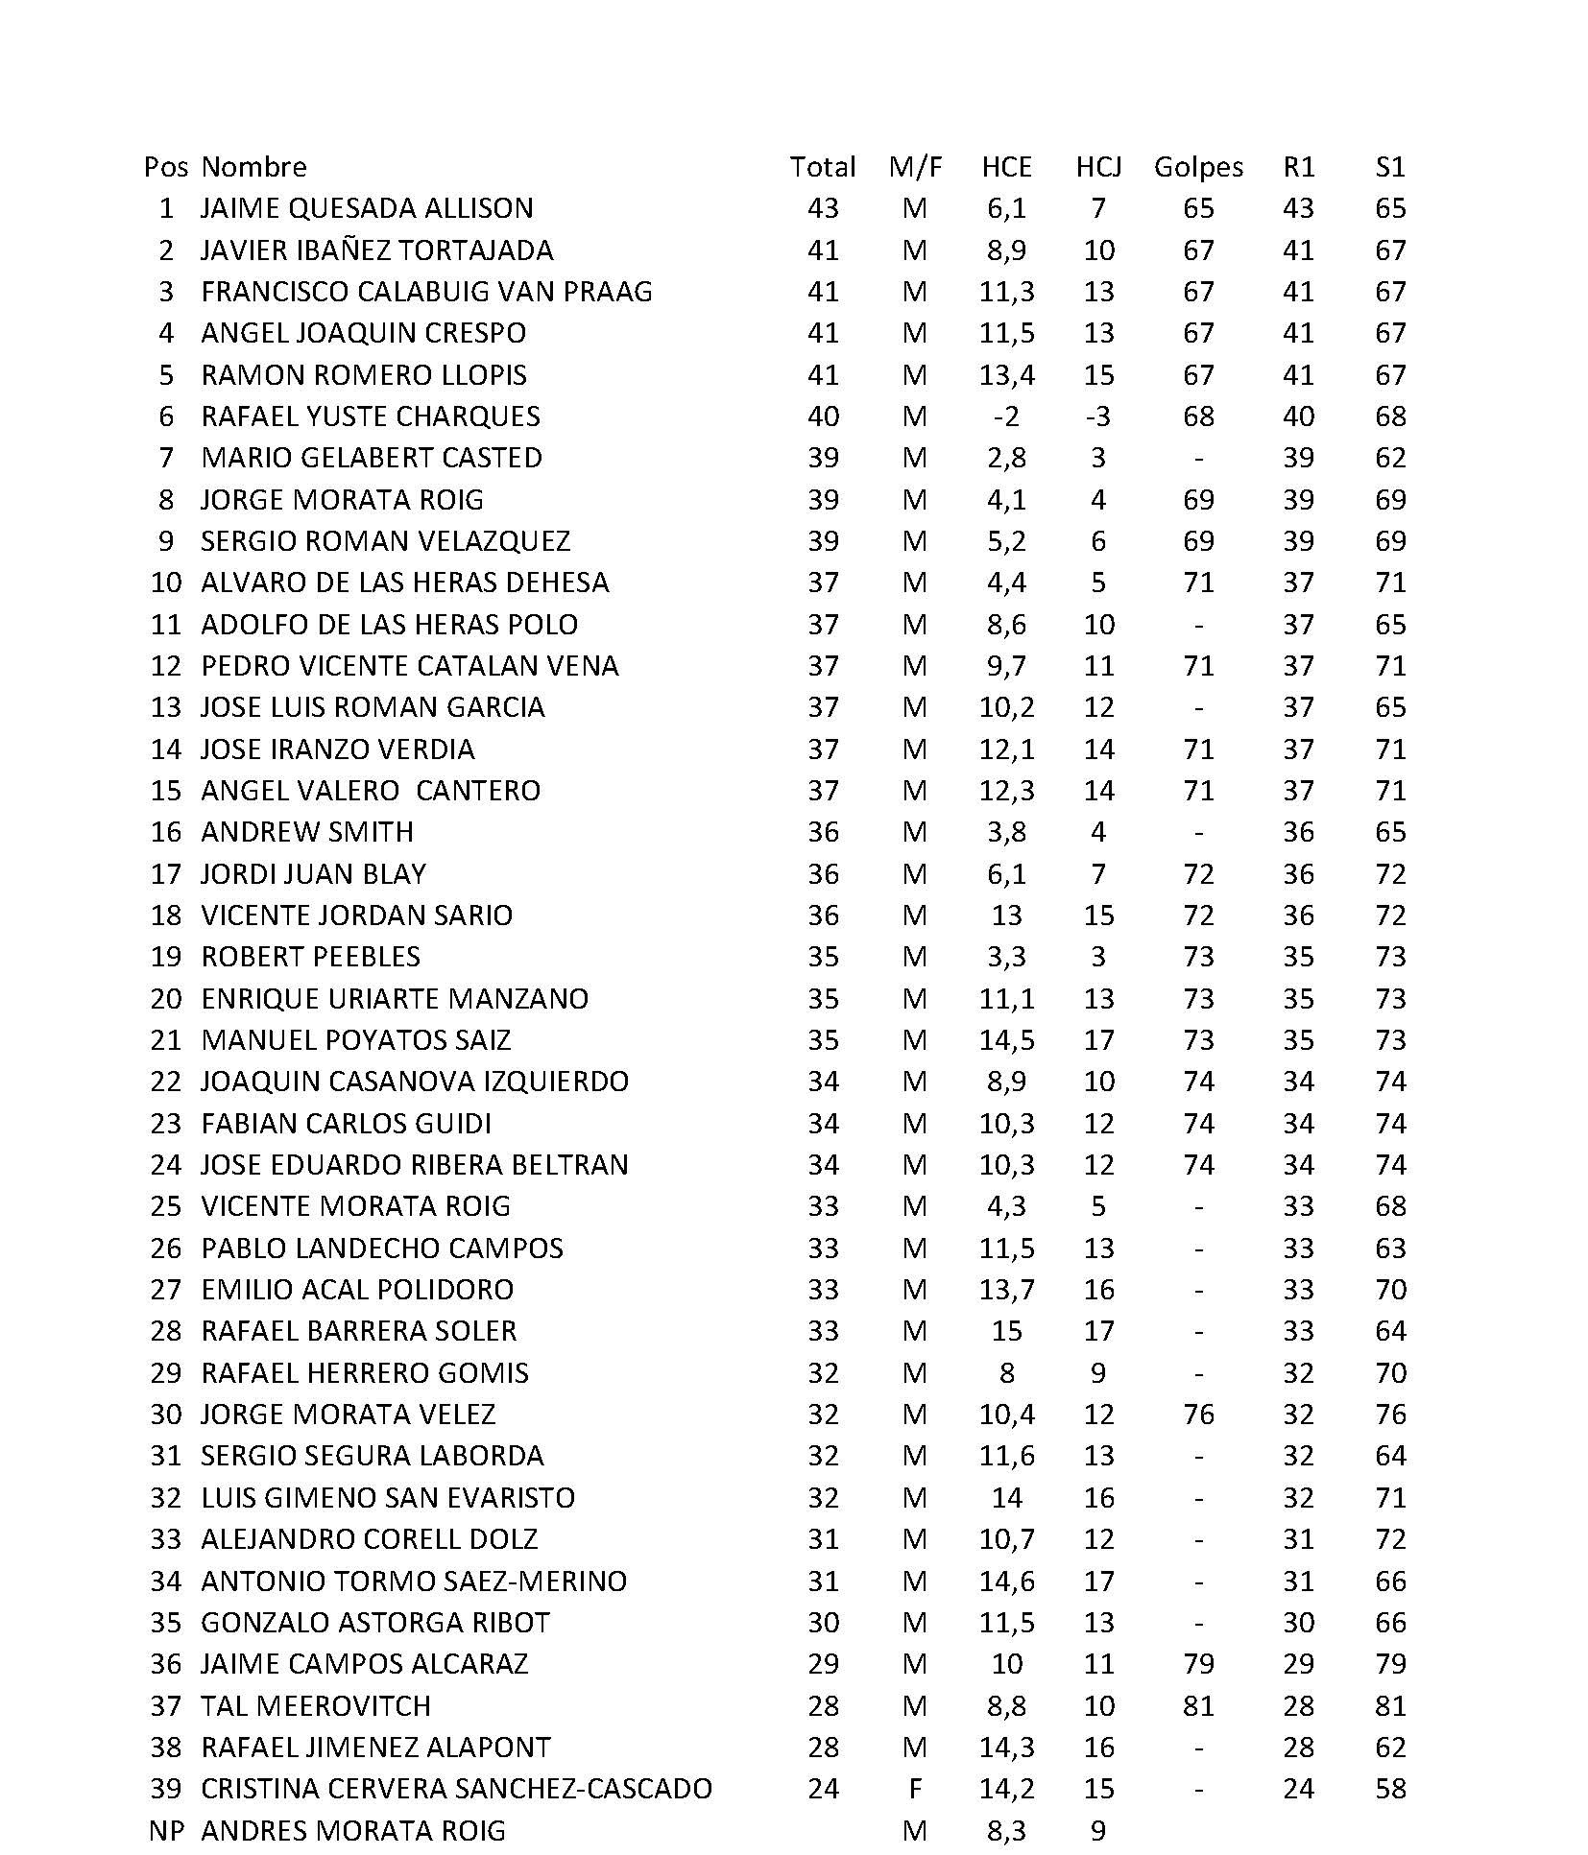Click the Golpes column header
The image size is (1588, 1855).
tap(1197, 167)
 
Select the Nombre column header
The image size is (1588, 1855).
tap(253, 167)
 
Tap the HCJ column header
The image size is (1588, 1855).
tap(1097, 167)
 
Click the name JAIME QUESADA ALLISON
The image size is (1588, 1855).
tap(366, 208)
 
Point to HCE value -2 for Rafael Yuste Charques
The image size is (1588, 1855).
tap(1006, 416)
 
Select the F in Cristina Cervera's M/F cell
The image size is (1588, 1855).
tap(915, 1789)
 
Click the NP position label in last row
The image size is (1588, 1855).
tap(165, 1830)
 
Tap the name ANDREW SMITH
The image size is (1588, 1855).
tap(306, 832)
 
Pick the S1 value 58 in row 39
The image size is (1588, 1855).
tap(1389, 1789)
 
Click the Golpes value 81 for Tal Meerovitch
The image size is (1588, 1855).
tap(1198, 1705)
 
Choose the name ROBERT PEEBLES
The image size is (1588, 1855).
tap(310, 957)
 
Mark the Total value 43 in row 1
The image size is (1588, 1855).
tap(823, 208)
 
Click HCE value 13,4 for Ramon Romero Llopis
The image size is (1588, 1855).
tap(1006, 375)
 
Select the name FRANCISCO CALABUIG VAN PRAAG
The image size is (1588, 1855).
tap(426, 292)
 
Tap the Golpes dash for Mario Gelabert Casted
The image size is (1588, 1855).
tap(1198, 459)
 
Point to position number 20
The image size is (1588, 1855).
tap(165, 999)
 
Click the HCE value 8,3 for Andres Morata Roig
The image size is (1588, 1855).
tap(1006, 1830)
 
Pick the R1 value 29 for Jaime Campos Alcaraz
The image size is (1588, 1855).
tap(1298, 1664)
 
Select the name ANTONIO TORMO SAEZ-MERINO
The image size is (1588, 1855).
tap(413, 1581)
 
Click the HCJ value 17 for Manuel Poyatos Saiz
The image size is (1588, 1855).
tap(1097, 1040)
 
